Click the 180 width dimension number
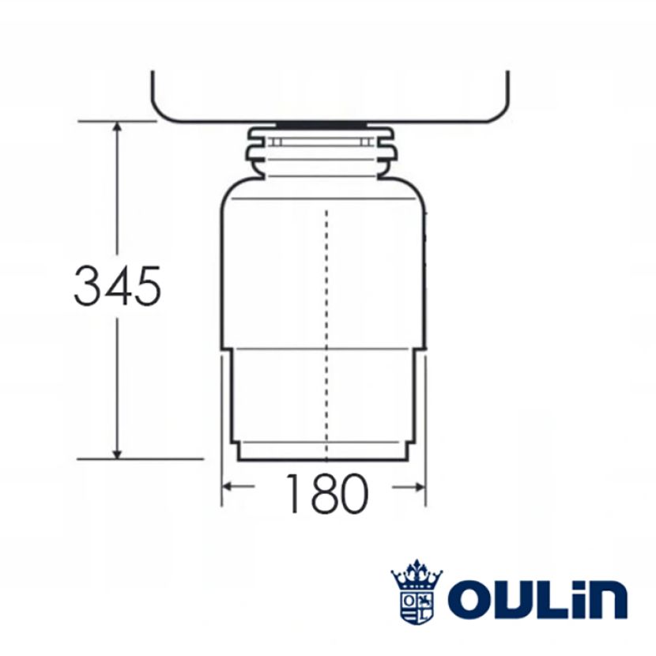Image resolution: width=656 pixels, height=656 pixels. point(325,494)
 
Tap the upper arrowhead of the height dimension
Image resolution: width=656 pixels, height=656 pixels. point(117,128)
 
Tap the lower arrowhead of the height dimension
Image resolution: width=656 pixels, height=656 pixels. point(117,451)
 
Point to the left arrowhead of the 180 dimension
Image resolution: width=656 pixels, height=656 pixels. point(227,487)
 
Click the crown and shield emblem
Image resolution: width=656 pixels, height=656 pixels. point(417,591)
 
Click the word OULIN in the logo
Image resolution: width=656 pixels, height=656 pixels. point(537,599)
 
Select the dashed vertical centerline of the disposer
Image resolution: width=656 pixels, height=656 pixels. point(326,332)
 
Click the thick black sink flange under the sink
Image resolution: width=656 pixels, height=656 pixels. point(322,125)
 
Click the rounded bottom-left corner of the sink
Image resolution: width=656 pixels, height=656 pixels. point(162,111)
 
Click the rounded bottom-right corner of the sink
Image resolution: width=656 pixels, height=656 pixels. point(499,111)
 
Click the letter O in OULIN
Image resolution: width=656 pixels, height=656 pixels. point(471,599)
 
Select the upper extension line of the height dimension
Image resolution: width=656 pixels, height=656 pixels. point(119,122)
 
